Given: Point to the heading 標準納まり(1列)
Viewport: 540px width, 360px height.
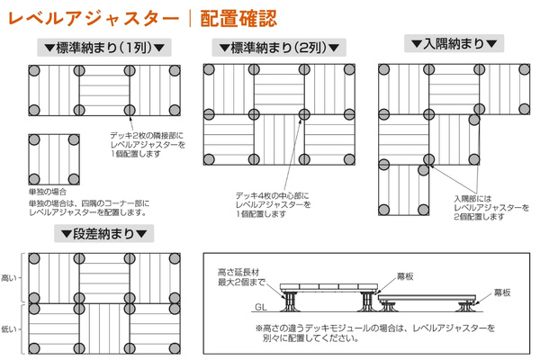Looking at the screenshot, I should pyautogui.click(x=104, y=48).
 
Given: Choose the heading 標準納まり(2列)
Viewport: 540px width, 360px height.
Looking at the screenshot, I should pyautogui.click(x=274, y=48).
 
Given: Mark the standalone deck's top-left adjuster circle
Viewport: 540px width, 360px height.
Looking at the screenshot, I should pyautogui.click(x=35, y=140).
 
